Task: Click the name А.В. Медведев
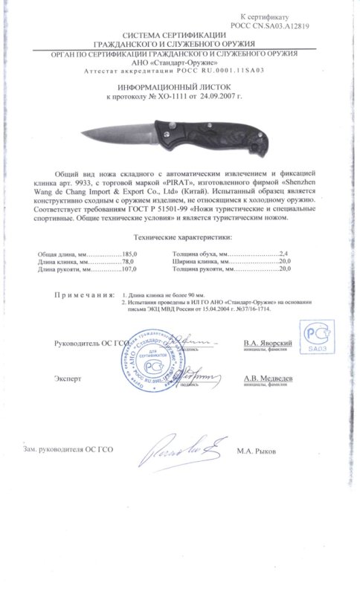266,378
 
